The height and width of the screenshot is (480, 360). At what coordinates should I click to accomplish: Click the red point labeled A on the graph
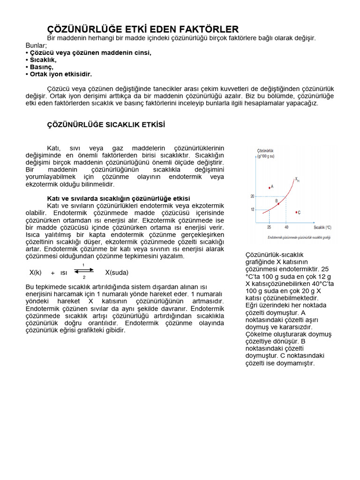coord(269,187)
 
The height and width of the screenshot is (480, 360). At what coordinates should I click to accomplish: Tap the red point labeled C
coord(296,212)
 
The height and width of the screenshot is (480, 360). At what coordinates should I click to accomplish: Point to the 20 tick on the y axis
coord(252,196)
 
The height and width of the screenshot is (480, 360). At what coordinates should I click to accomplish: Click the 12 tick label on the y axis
coord(252,209)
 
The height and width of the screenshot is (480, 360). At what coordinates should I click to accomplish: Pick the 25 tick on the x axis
coord(269,227)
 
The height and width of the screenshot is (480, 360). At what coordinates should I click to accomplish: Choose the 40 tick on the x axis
coord(286,227)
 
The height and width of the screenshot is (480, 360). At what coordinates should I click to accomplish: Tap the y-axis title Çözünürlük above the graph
coord(266,150)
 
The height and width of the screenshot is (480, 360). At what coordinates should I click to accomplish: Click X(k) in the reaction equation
coord(36,272)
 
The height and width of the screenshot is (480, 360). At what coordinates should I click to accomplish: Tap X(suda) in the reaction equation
coord(117,272)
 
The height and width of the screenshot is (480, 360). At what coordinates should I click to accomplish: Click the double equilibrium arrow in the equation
coord(83,271)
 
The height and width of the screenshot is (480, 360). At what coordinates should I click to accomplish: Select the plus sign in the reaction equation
coord(52,273)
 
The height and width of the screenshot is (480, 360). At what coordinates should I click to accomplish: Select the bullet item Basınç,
coord(41,67)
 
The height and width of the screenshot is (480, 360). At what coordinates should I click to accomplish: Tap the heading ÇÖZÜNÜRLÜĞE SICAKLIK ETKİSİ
coord(106,125)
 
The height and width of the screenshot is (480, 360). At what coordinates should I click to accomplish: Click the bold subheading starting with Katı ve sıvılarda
coord(119,198)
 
